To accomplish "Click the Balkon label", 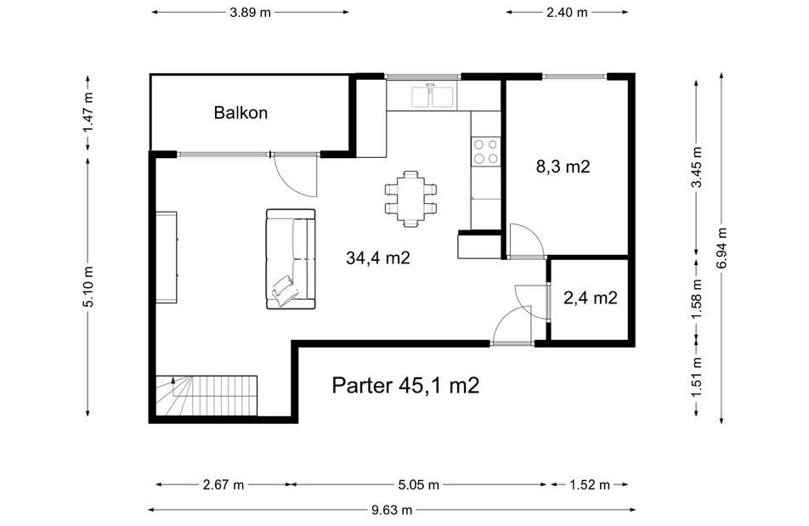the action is pos(240,112).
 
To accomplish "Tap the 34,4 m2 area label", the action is pos(377,257).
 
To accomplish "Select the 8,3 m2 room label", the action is pos(563,167).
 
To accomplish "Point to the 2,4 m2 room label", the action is pos(591,297).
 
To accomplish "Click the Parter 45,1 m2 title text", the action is pos(405,385).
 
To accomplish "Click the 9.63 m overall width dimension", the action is pos(392,510).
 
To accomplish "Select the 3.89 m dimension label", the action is pos(250,12).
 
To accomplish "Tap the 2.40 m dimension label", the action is pos(567,12).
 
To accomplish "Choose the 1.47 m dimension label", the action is pos(88,112).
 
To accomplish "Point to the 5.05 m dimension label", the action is pos(418,484).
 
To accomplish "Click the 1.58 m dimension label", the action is pos(697,298).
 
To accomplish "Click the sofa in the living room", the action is pos(291,259).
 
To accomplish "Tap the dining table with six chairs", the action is pos(410,199).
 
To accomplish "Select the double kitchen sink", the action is pos(433,96).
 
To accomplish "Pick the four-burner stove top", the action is pos(486,151).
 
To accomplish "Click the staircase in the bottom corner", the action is pos(206,395).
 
